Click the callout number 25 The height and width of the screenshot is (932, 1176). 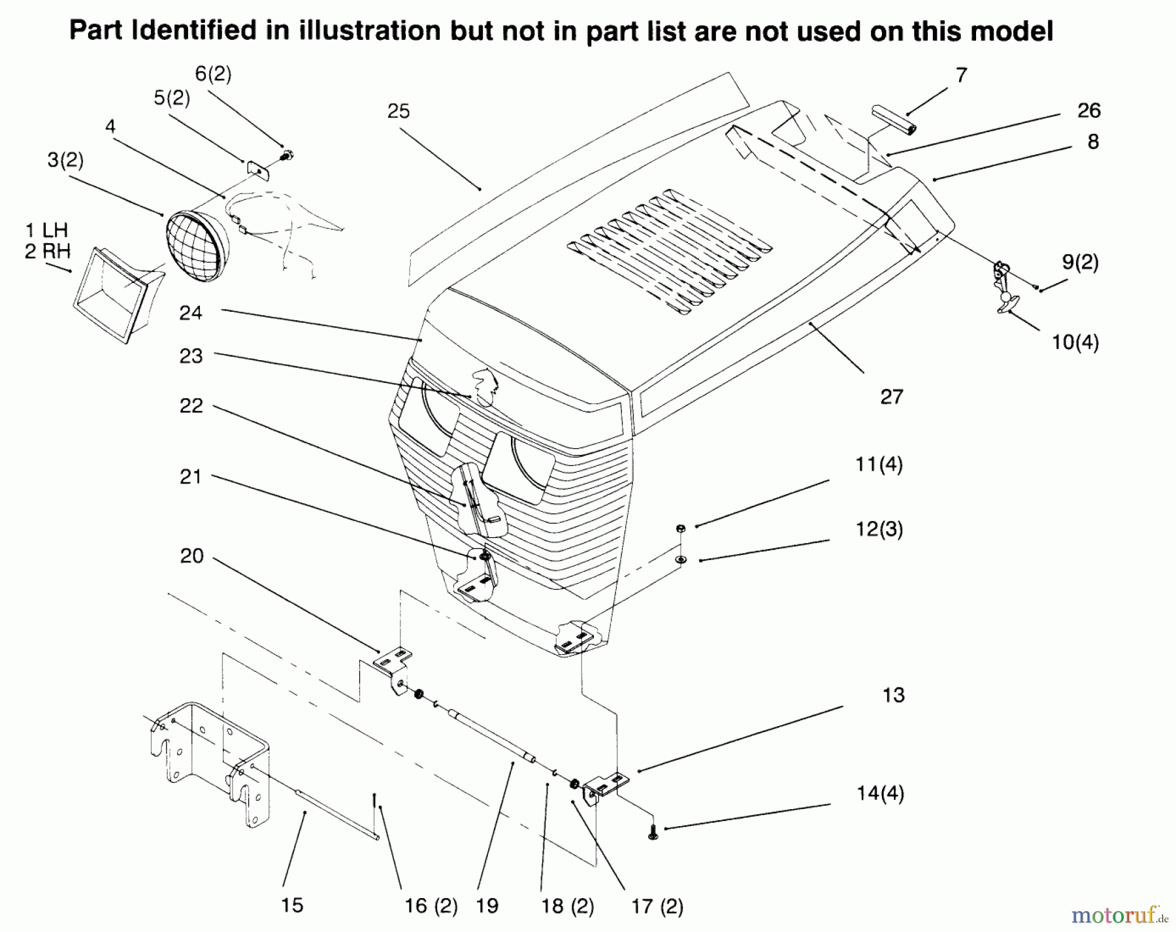[x=399, y=112]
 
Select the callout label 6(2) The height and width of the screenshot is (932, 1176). [x=214, y=75]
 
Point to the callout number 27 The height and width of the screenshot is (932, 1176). [x=892, y=397]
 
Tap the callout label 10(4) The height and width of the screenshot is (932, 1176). [x=1075, y=342]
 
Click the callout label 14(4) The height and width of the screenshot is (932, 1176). [x=880, y=794]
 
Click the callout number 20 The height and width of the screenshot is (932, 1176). [x=192, y=556]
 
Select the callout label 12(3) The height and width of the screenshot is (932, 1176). [x=879, y=529]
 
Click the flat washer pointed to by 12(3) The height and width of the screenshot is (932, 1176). [x=681, y=559]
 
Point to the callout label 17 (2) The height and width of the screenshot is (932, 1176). [x=657, y=907]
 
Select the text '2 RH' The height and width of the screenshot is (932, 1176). [x=48, y=252]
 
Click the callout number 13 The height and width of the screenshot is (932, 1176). [x=893, y=695]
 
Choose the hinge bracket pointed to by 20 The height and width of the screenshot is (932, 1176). [x=393, y=667]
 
